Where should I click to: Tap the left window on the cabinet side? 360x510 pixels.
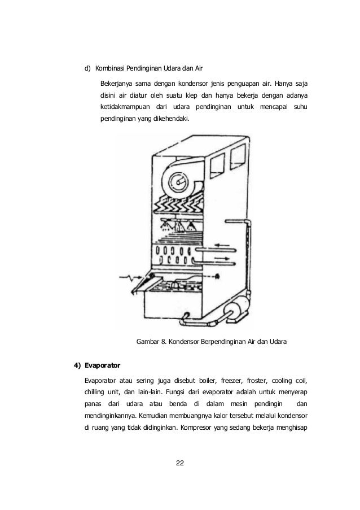coord(217,165)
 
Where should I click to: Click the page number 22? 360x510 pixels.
coord(180,464)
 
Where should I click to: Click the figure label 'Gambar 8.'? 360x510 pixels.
coord(152,342)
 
